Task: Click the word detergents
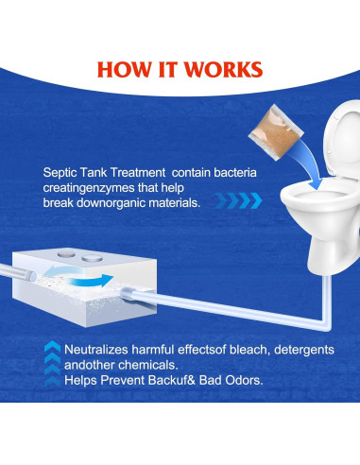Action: (x=306, y=350)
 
